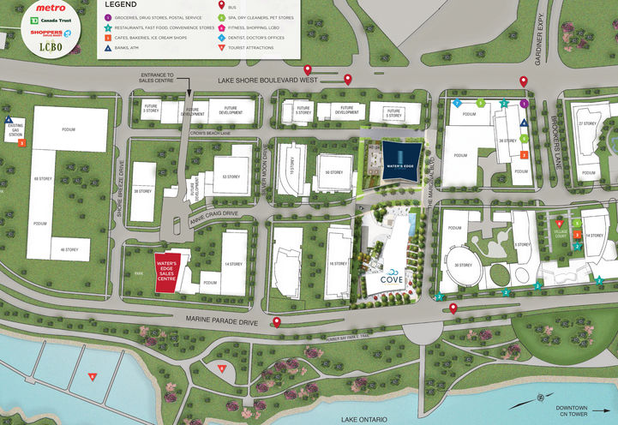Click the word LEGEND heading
[121, 5]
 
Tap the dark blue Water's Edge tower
[401, 162]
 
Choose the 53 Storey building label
[230, 176]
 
